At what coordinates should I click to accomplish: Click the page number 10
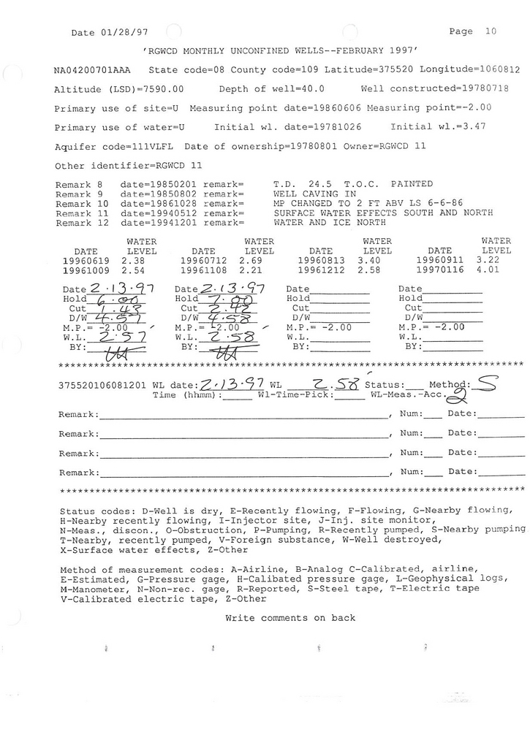tap(490, 31)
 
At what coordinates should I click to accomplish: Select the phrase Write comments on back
tap(290, 618)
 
